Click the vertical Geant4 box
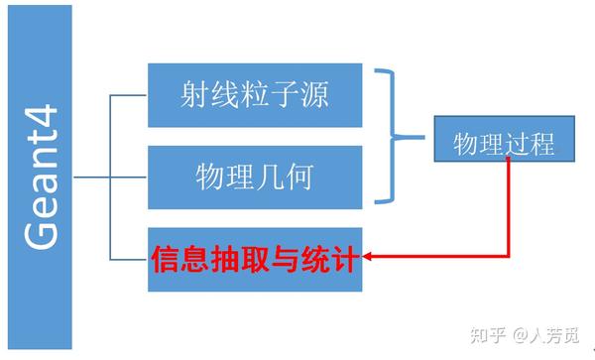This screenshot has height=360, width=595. [x=40, y=179]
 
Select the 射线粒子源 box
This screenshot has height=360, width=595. [x=255, y=95]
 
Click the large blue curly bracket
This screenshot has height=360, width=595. [x=400, y=136]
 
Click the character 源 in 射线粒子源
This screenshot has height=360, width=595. [x=315, y=95]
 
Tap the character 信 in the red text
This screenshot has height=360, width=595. [x=163, y=258]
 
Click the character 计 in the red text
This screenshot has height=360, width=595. [x=347, y=258]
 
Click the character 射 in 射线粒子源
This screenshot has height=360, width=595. [x=194, y=95]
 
